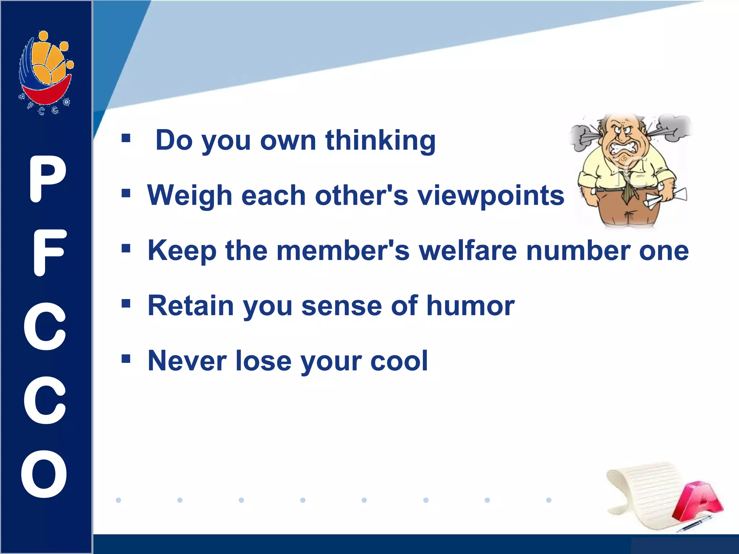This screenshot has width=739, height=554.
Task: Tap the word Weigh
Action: pyautogui.click(x=189, y=195)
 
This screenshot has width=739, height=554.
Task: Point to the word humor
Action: pyautogui.click(x=471, y=305)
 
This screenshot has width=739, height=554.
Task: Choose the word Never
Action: pyautogui.click(x=187, y=360)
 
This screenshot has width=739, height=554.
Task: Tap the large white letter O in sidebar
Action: pyautogui.click(x=44, y=474)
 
